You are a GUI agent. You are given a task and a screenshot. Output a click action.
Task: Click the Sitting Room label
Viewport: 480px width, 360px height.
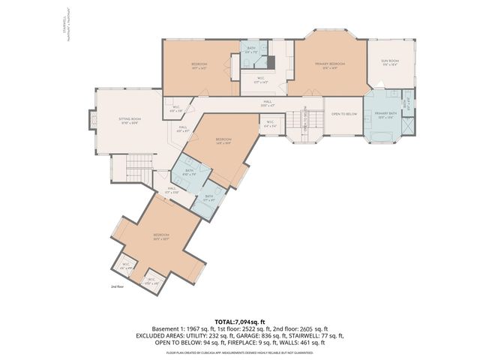click(129, 119)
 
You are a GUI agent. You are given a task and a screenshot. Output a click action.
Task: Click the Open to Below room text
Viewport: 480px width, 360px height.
click(343, 113)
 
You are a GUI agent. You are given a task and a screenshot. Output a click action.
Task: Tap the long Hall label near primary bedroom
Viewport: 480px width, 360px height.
click(267, 103)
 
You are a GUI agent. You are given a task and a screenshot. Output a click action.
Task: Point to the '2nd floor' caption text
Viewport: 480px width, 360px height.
click(118, 286)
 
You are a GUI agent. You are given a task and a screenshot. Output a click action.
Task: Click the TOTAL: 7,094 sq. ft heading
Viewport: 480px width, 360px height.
click(239, 320)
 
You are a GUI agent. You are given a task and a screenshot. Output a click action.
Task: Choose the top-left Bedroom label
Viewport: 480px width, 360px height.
click(199, 65)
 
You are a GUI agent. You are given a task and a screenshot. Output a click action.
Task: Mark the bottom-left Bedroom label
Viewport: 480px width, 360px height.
click(161, 236)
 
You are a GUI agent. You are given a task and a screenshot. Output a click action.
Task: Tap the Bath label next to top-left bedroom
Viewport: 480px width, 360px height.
click(252, 51)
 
